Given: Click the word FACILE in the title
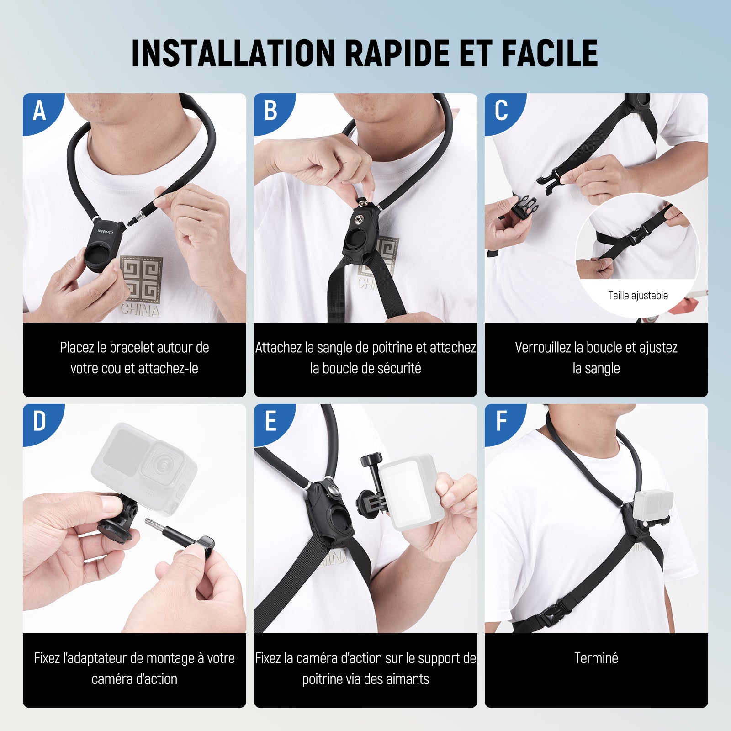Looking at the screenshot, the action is [x=550, y=53].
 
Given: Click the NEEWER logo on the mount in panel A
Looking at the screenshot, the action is [x=105, y=232].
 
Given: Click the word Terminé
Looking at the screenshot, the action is [x=596, y=658].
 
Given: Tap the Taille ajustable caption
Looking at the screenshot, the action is [x=638, y=296].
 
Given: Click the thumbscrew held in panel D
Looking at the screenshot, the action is [x=180, y=534].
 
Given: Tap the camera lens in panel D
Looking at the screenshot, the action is [x=163, y=464].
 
